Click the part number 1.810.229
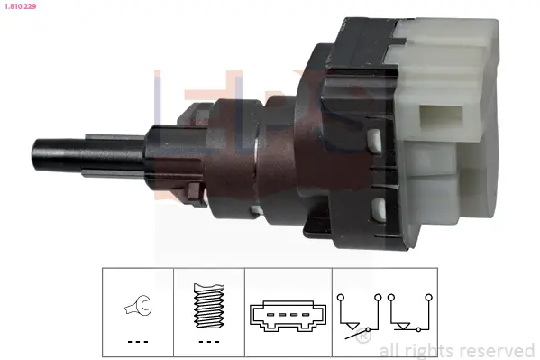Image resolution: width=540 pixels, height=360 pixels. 21,6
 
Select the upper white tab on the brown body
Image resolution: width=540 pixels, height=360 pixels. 373,139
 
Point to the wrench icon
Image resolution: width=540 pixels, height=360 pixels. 136,309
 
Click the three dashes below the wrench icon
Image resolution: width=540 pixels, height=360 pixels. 136,343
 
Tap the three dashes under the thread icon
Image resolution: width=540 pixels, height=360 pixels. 207,343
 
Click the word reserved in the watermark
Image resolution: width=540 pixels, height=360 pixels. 498,350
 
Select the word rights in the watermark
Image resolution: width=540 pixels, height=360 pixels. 427,350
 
